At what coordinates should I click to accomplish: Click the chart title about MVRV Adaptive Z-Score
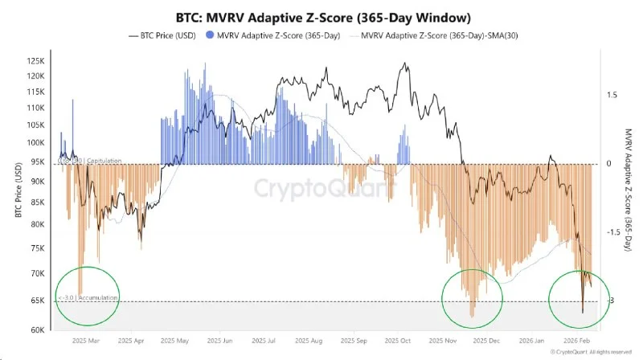tap(322, 17)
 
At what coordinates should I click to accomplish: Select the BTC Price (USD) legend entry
tap(160, 35)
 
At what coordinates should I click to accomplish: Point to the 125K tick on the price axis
tap(37, 61)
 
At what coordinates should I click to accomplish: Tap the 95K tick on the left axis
tap(39, 161)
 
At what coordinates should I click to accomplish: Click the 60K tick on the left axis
tap(39, 329)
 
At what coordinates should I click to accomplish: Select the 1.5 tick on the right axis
tap(612, 95)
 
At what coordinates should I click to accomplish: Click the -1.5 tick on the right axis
tap(612, 232)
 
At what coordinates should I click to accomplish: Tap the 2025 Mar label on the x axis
tap(87, 340)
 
